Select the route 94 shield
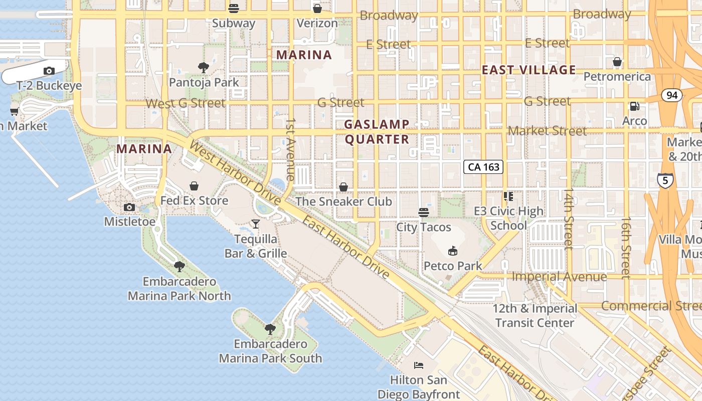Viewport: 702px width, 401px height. [671, 95]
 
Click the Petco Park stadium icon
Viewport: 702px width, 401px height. [453, 251]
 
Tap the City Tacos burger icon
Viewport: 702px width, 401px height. [424, 213]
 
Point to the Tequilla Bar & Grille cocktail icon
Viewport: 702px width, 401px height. [256, 224]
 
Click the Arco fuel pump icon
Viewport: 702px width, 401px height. [634, 106]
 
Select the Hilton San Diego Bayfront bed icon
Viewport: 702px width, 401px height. [419, 365]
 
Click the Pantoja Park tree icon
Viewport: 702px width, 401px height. [203, 67]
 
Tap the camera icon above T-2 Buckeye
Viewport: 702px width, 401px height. [49, 71]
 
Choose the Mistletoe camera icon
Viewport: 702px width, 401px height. [129, 207]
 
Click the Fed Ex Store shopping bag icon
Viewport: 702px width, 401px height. [194, 186]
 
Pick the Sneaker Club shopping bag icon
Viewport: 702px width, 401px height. [343, 187]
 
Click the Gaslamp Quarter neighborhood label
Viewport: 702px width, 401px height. [377, 132]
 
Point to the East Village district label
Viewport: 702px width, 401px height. [529, 70]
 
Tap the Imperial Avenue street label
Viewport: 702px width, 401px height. [559, 277]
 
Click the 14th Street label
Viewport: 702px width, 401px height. [569, 219]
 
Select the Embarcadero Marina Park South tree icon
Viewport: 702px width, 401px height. [270, 329]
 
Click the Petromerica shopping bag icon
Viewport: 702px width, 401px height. [617, 62]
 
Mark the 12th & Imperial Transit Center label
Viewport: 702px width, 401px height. [535, 315]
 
